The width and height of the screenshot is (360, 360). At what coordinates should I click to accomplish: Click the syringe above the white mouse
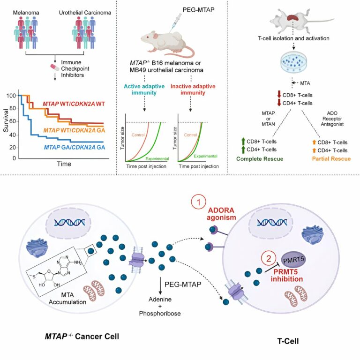pyautogui.click(x=175, y=22)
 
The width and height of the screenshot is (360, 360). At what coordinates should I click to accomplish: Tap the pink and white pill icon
pyautogui.click(x=55, y=67)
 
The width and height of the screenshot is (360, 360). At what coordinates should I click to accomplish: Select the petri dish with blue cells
pyautogui.click(x=293, y=61)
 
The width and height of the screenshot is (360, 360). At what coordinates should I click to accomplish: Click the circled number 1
pyautogui.click(x=198, y=202)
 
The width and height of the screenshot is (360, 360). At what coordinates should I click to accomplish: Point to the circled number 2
pyautogui.click(x=269, y=259)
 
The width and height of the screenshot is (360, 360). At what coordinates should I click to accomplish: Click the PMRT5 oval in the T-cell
pyautogui.click(x=293, y=259)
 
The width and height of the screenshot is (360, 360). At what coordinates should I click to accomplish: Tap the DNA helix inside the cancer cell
pyautogui.click(x=69, y=222)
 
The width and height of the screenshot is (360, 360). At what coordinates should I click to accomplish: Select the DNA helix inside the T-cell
pyautogui.click(x=272, y=222)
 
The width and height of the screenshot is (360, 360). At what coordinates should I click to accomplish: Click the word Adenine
pyautogui.click(x=160, y=300)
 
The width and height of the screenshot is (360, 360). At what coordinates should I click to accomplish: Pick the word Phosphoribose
pyautogui.click(x=160, y=314)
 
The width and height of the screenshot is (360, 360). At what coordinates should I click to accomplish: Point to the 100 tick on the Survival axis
pyautogui.click(x=11, y=96)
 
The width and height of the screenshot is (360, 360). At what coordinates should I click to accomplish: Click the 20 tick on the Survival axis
pyautogui.click(x=13, y=147)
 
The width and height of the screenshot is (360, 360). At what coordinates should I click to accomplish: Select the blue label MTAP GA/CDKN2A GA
pyautogui.click(x=75, y=147)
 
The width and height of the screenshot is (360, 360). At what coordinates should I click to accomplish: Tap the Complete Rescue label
pyautogui.click(x=260, y=159)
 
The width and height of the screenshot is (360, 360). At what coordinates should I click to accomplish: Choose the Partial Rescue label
pyautogui.click(x=331, y=158)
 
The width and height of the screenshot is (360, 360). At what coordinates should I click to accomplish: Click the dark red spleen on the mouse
pyautogui.click(x=293, y=18)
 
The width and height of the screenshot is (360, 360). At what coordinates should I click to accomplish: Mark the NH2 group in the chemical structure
pyautogui.click(x=78, y=262)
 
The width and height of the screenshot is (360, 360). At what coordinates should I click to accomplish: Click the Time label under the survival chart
pyautogui.click(x=64, y=164)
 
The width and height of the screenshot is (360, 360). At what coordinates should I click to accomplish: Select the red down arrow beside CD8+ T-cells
pyautogui.click(x=279, y=94)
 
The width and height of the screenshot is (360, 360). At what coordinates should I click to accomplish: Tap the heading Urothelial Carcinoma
pyautogui.click(x=85, y=13)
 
